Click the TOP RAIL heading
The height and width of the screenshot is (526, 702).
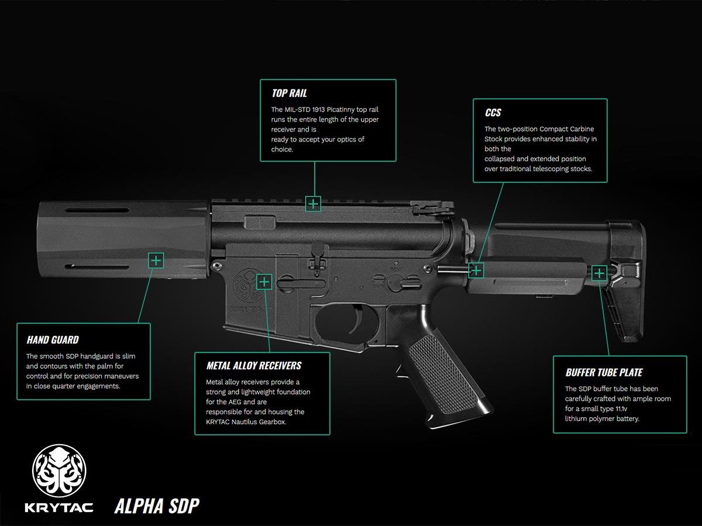click(289, 94)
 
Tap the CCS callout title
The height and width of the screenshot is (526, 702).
click(493, 112)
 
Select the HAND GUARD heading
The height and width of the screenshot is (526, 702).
click(53, 340)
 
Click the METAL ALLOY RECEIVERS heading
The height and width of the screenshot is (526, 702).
click(254, 366)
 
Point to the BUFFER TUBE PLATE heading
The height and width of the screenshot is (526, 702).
click(604, 372)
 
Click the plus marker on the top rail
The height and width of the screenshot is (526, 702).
click(313, 204)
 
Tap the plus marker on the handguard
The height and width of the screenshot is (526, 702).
click(156, 261)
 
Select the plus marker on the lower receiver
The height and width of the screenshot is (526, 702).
click(264, 282)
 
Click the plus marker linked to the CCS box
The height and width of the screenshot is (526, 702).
click(476, 270)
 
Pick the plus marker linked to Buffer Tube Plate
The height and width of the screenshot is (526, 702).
click(599, 273)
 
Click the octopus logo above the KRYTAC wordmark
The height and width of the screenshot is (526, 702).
click(59, 470)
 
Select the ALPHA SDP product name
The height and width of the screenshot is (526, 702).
click(157, 506)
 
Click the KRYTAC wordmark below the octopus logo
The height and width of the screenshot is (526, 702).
click(59, 507)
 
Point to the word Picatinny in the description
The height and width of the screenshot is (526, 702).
click(340, 109)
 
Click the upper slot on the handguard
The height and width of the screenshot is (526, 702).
click(97, 210)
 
